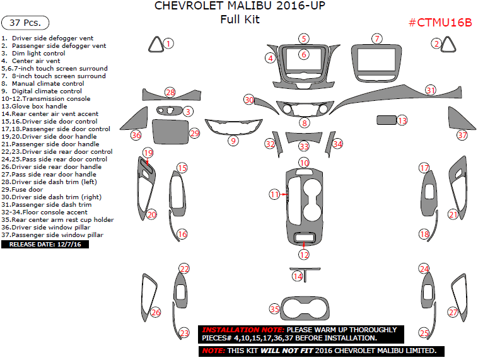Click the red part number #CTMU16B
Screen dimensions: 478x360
click(x=440, y=23)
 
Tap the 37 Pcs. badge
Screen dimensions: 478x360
click(x=25, y=23)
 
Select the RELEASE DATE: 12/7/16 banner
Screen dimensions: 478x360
click(x=45, y=244)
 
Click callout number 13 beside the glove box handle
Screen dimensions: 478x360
click(x=402, y=120)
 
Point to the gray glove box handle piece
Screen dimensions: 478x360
click(x=386, y=120)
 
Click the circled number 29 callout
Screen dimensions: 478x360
click(x=194, y=133)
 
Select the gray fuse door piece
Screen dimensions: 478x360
click(x=170, y=132)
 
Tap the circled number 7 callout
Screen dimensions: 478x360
click(x=377, y=38)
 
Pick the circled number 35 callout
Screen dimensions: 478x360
click(x=275, y=309)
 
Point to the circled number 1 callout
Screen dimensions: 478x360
click(x=168, y=44)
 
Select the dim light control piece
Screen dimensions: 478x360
click(x=169, y=110)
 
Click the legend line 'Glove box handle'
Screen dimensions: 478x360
click(x=34, y=106)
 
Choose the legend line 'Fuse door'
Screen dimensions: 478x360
click(x=22, y=189)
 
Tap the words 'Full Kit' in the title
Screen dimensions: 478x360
click(x=240, y=19)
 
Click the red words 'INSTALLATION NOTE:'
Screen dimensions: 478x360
click(x=243, y=330)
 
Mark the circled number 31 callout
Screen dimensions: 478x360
click(x=431, y=90)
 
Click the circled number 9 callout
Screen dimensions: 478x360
click(x=233, y=141)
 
